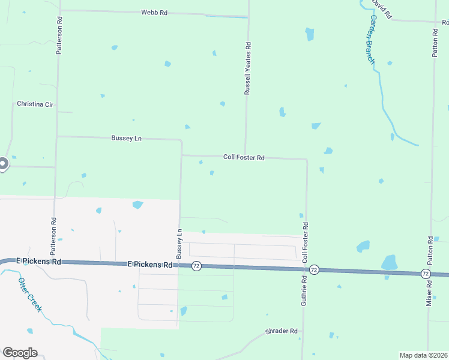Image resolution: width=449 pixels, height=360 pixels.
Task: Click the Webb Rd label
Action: pyautogui.click(x=154, y=12)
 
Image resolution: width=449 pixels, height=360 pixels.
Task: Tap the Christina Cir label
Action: pyautogui.click(x=35, y=104)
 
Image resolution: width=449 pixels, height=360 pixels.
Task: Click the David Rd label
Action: pyautogui.click(x=381, y=8)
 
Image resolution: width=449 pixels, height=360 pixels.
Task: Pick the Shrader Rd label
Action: pyautogui.click(x=282, y=331)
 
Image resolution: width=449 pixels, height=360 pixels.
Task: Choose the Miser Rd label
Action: pyautogui.click(x=430, y=292)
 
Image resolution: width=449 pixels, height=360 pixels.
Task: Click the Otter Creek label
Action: pyautogui.click(x=29, y=294)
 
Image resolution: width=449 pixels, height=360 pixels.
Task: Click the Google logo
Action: pyautogui.click(x=20, y=353)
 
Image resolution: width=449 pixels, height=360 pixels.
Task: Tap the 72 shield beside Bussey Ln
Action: pyautogui.click(x=196, y=266)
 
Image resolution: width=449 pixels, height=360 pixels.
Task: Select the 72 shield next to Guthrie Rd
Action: pyautogui.click(x=314, y=270)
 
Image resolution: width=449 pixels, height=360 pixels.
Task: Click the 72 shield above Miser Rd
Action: pyautogui.click(x=425, y=274)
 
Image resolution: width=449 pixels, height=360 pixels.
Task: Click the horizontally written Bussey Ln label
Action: pyautogui.click(x=126, y=138)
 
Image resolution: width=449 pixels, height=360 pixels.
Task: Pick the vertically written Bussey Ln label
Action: pyautogui.click(x=179, y=248)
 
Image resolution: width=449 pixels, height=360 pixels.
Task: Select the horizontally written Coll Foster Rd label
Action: pyautogui.click(x=244, y=157)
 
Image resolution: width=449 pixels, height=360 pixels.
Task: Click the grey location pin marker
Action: pyautogui.click(x=2, y=163)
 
